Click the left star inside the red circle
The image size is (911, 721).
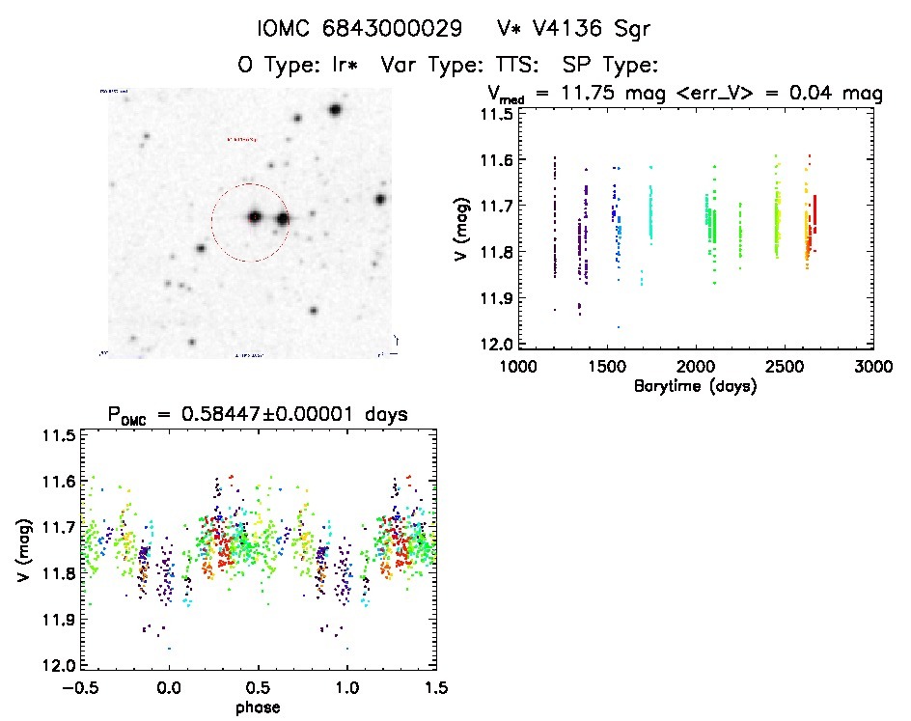click(x=255, y=217)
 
